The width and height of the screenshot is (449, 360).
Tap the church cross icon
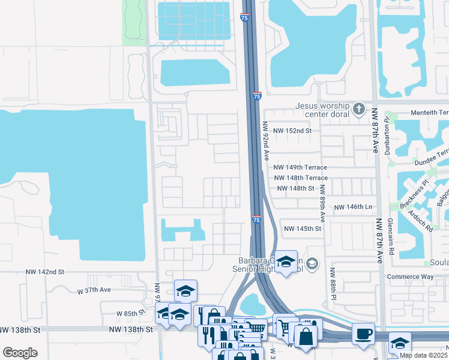(359, 109)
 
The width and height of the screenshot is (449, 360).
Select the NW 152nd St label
(292, 131)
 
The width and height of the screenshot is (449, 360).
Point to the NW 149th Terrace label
(300, 168)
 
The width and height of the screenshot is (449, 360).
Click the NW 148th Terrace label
(300, 178)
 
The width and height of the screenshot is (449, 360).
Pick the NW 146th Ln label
(353, 207)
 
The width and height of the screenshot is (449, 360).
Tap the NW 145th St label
(303, 229)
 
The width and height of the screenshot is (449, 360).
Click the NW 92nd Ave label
(265, 142)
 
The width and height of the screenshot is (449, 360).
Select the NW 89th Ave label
(322, 205)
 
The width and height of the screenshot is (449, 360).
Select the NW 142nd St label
(46, 272)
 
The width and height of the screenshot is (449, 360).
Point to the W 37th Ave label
(94, 290)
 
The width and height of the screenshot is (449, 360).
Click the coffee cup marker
(364, 333)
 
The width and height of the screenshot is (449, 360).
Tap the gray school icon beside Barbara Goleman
(312, 263)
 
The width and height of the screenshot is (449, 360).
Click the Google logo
(20, 353)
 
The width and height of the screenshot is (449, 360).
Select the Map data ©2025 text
(423, 355)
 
